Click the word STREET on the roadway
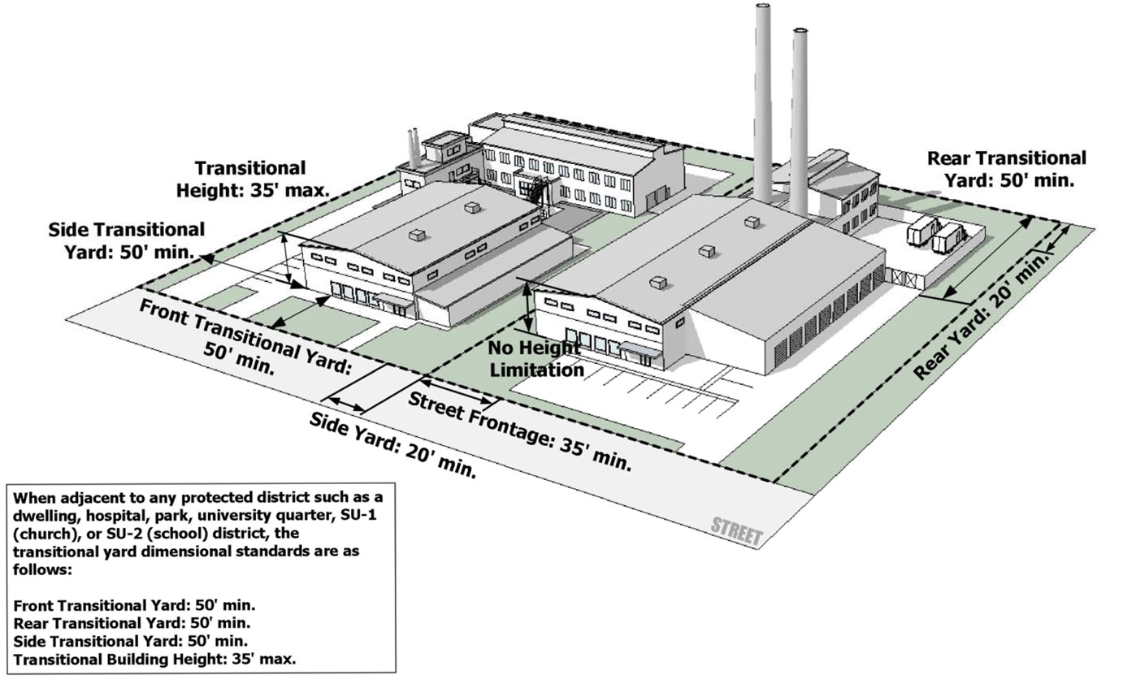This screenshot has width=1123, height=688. point(736,531)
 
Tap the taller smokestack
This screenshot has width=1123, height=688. point(763,97)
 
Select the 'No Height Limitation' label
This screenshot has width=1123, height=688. point(535,358)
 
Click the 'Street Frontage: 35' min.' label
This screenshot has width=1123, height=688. point(519,431)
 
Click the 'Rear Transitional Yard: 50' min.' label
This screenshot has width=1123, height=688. point(1006,169)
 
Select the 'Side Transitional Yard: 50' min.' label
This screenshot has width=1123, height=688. point(126,240)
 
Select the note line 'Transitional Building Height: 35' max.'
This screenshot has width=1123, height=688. point(155,659)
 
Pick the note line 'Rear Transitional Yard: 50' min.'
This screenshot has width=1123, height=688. point(132,623)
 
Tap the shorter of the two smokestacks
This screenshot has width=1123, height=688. point(799,122)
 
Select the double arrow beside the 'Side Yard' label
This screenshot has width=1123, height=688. point(345,403)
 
